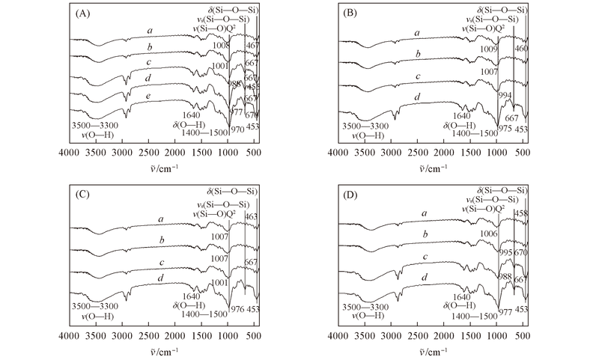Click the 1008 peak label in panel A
[x=219, y=46]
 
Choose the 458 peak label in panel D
[x=520, y=213]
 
